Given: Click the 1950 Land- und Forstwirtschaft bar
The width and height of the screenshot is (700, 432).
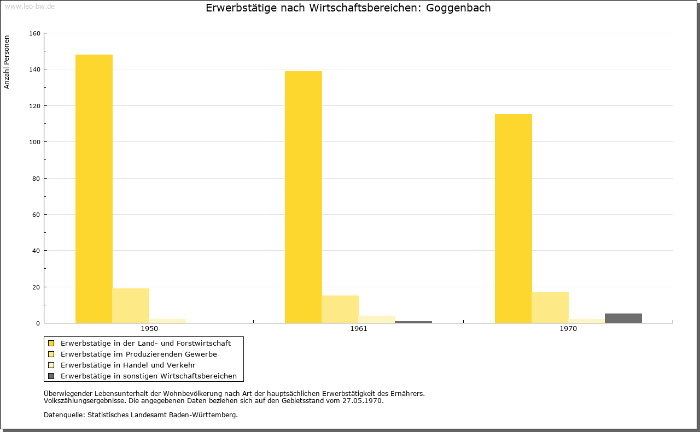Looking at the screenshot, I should click(94, 188).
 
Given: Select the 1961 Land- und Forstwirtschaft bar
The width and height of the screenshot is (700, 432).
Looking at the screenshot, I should click(304, 197).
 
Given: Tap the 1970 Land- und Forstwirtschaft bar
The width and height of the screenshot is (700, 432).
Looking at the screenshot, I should click(513, 218).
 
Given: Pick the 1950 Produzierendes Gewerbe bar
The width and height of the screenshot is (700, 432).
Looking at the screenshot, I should click(131, 305).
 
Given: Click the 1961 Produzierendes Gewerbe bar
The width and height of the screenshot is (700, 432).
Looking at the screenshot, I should click(340, 309).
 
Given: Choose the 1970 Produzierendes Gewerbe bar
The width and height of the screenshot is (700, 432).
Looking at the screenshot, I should click(550, 307).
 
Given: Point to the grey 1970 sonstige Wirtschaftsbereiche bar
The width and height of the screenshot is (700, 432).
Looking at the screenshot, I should click(623, 318).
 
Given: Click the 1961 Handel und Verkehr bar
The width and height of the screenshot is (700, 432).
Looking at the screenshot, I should click(377, 319).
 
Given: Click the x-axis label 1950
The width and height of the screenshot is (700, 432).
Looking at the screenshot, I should click(149, 329).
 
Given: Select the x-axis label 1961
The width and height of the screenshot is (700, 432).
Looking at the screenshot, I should click(359, 329).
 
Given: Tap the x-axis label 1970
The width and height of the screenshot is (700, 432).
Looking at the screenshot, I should click(568, 329).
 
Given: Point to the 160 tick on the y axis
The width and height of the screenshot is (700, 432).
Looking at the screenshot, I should click(34, 33).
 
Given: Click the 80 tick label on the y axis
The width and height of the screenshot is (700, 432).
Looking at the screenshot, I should click(36, 179).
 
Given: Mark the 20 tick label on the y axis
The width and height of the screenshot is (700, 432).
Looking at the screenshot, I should click(36, 287).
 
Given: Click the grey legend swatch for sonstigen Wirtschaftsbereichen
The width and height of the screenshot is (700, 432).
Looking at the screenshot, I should click(51, 376).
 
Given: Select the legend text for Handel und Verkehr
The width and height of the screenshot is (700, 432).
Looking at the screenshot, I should click(128, 365).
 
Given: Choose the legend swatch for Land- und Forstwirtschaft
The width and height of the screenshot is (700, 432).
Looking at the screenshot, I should click(51, 343).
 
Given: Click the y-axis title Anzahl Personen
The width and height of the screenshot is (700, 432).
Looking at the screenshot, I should click(7, 62).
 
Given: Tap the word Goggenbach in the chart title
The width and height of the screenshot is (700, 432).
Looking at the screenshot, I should click(458, 8).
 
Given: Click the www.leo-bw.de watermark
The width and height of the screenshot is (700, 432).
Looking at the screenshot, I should click(30, 6).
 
